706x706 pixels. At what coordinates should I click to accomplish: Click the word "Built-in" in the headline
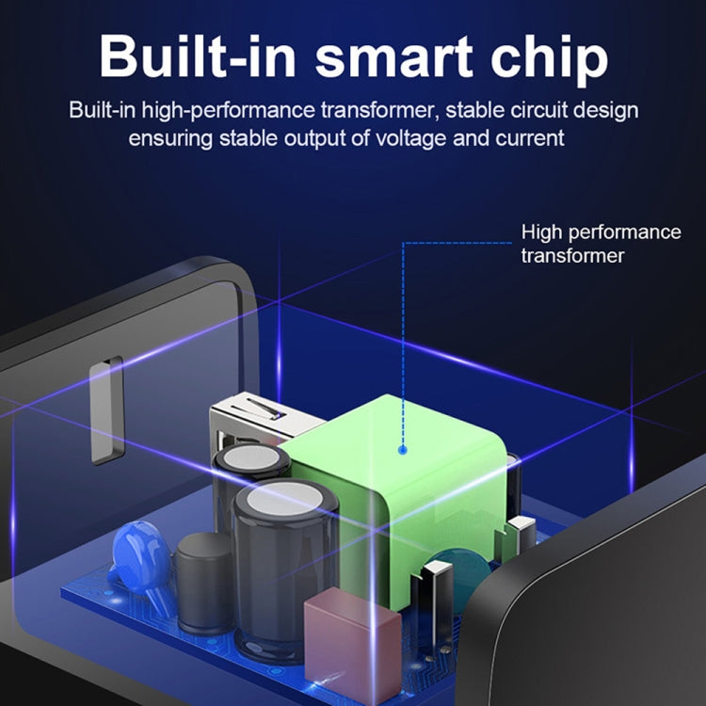198,56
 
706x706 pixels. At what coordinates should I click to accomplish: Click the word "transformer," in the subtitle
379,110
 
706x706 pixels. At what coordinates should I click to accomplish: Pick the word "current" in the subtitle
530,138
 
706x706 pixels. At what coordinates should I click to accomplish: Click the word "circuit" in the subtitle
532,110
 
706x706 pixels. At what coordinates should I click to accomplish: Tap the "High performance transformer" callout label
602,244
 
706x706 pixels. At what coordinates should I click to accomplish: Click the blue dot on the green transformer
403,449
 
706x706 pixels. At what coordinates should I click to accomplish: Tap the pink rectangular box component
353,644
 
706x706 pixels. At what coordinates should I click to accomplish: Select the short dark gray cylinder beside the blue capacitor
203,583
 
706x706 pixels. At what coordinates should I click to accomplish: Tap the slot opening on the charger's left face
106,410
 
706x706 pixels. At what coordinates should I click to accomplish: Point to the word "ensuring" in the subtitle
170,138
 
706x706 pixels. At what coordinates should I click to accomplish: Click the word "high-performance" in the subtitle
229,111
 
